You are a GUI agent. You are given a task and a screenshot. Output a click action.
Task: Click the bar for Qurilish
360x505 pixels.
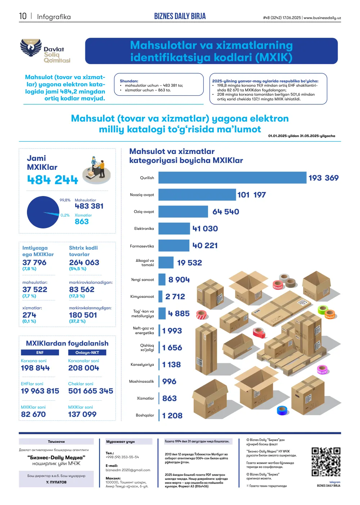click(232, 178)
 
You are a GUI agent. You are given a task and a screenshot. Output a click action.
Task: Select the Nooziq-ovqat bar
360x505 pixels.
click(197, 195)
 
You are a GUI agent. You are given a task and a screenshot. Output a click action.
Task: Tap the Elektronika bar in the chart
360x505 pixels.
click(174, 229)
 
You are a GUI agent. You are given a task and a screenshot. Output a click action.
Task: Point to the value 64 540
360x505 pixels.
click(225, 212)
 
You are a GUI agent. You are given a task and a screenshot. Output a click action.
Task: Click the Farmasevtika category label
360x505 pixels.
click(142, 246)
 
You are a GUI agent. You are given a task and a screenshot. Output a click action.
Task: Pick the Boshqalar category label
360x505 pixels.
click(145, 415)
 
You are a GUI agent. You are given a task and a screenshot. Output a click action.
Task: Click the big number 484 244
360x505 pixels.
click(52, 180)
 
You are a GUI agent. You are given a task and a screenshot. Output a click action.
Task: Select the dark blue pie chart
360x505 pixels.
click(43, 212)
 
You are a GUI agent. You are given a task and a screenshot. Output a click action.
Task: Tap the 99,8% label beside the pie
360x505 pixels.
click(65, 200)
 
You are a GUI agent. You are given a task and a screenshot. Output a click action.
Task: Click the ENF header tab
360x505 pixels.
click(40, 352)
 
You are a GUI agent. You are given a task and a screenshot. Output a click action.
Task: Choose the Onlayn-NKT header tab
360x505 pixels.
click(87, 352)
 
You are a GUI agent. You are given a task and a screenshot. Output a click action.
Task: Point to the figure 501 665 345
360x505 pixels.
click(90, 391)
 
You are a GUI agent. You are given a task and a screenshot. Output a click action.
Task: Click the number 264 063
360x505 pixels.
click(84, 263)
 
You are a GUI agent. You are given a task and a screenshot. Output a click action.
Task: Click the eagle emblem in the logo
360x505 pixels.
click(31, 47)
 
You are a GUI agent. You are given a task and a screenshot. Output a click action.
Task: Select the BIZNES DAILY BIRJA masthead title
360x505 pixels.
click(180, 16)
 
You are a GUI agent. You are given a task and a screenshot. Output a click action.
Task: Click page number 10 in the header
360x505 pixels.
click(23, 16)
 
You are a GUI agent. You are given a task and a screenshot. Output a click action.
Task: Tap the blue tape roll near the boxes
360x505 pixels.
click(283, 410)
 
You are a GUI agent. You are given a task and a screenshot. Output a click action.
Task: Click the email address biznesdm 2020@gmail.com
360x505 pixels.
click(128, 470)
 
